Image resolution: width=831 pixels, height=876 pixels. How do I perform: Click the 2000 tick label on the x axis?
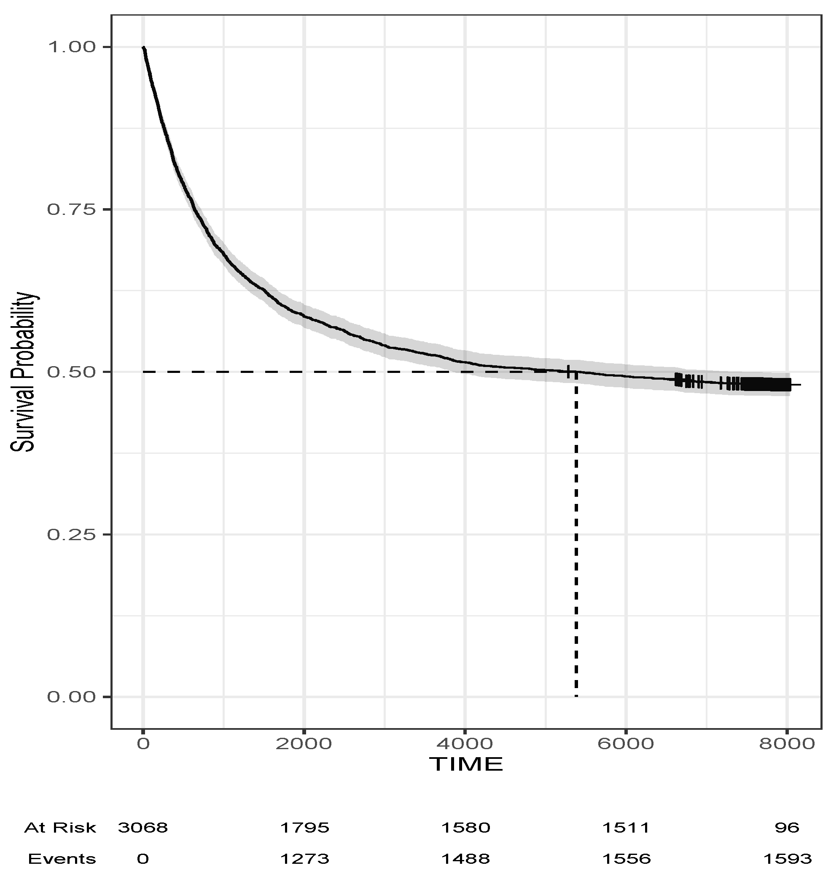tap(304, 744)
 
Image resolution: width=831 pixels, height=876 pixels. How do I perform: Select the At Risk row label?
tap(60, 828)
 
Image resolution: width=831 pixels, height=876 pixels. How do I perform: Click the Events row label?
tap(62, 859)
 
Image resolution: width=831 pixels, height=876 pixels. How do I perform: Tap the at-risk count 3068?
tap(143, 828)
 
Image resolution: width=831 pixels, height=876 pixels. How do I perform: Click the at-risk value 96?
tap(787, 828)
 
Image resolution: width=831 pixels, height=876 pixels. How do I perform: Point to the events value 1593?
tap(787, 859)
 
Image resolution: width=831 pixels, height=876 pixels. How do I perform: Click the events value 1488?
tap(465, 859)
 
